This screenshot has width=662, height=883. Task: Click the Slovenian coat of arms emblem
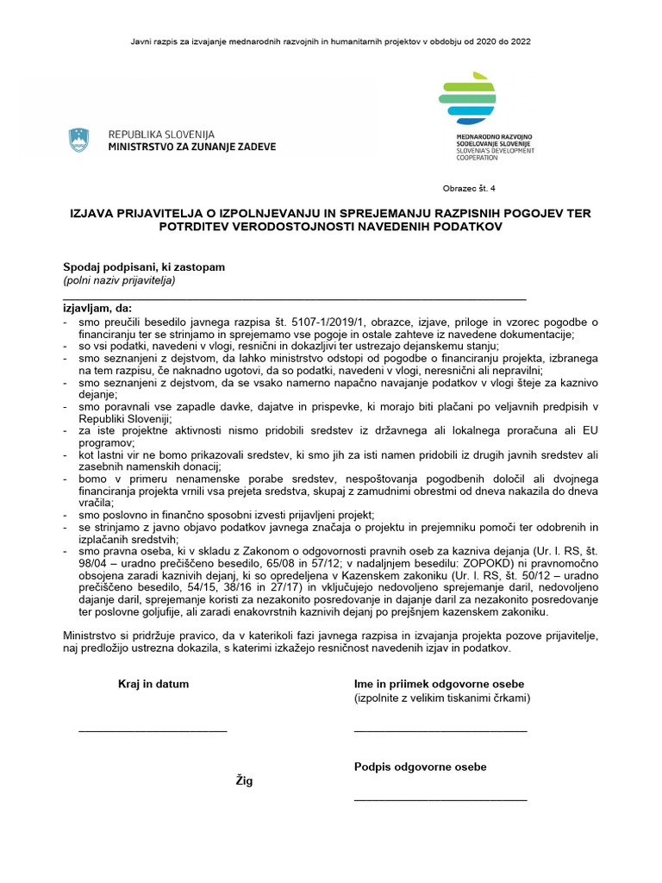click(x=78, y=141)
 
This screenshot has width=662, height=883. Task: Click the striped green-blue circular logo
click(x=467, y=100)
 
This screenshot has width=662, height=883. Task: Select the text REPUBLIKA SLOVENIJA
click(x=161, y=135)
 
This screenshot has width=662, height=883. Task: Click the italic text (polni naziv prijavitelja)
click(x=119, y=281)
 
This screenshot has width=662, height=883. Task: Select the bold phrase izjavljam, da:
click(x=98, y=308)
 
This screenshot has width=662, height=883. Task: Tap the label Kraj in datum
click(x=153, y=684)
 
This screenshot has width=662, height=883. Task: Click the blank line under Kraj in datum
click(x=153, y=731)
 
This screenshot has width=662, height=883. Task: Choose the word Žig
click(x=245, y=780)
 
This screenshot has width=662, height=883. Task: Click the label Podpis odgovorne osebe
click(x=420, y=767)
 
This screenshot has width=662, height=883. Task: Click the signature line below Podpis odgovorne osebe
click(x=440, y=800)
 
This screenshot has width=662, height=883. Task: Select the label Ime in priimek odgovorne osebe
click(x=439, y=684)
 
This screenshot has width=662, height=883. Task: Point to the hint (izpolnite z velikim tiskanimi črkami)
click(x=442, y=698)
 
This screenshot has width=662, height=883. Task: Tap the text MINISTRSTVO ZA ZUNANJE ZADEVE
click(x=192, y=147)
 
